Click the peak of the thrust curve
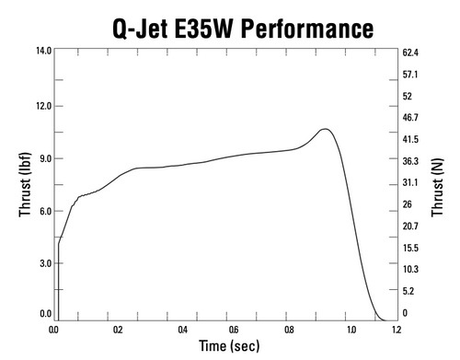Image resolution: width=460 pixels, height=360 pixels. coord(325,129)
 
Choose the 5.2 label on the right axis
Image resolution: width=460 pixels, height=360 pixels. coord(410,291)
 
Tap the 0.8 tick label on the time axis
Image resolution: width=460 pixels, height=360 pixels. coord(291,329)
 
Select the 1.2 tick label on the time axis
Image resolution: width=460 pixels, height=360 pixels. coord(397,329)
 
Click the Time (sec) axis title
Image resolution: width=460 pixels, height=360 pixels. coord(224,346)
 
